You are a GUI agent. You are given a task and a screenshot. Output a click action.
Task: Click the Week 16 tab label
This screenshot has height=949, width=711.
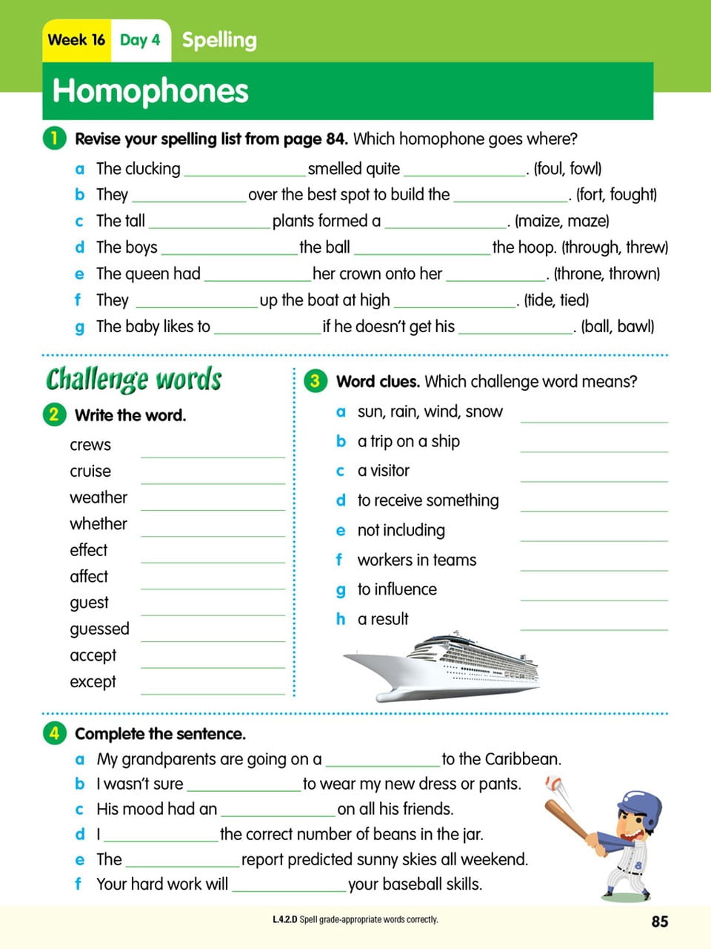[x=76, y=40]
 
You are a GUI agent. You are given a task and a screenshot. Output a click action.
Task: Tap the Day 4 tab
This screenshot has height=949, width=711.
[x=140, y=40]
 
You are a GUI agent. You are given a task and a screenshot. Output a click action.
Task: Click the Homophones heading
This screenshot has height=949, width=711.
[x=150, y=91]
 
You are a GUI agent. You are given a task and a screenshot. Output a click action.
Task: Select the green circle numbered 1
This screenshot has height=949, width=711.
[x=54, y=138]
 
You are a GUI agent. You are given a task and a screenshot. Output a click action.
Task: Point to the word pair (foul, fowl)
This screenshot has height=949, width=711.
[x=567, y=169]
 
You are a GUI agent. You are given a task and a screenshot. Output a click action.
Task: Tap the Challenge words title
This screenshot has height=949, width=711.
[x=134, y=379]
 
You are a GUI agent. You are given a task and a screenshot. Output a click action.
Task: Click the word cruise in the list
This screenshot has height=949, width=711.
[x=90, y=472]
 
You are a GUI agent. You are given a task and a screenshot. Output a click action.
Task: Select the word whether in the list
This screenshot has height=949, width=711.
[x=99, y=524]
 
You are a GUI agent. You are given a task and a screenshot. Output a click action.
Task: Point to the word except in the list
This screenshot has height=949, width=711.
[x=93, y=682]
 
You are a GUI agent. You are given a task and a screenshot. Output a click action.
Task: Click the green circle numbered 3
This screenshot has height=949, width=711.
[x=315, y=381]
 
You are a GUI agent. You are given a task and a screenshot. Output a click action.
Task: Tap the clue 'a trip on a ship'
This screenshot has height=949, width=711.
[x=408, y=442]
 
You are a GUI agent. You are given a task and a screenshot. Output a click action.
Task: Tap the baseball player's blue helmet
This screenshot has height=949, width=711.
[x=640, y=806]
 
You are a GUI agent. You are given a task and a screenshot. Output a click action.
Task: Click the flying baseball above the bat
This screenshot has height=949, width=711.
[x=553, y=783]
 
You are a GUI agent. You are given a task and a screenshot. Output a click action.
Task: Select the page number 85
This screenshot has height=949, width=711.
[x=659, y=921]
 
